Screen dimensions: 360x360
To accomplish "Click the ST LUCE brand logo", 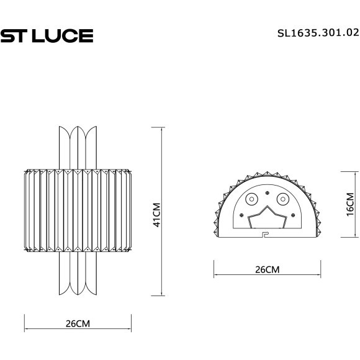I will coord(47,35).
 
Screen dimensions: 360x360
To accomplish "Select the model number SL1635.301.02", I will coord(317,35).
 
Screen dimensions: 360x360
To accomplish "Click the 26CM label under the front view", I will coord(78,324).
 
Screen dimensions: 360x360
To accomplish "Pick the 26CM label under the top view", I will coord(267,270).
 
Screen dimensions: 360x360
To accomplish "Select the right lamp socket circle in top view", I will coord(282,199).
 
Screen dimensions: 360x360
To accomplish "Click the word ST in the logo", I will coord(12,35).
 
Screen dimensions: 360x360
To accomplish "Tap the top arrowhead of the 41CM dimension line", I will coord(161,128).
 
